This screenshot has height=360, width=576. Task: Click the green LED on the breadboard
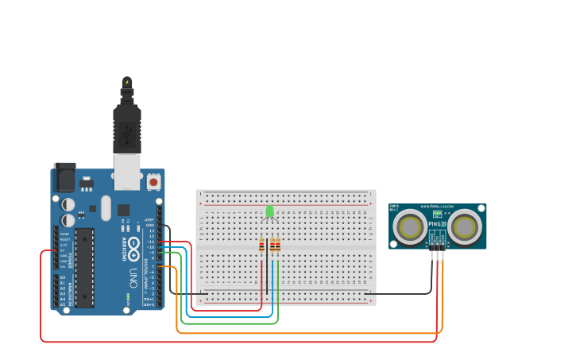coord(270,211)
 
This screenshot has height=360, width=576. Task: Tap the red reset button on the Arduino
coord(153,181)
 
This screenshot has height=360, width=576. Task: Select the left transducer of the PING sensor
coord(411,227)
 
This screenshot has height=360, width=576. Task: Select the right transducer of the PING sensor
coord(464,227)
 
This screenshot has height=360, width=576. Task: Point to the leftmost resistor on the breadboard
coord(261,246)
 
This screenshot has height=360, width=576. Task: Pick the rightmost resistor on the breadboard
coord(277,246)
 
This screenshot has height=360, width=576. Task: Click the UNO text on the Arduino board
coord(133,277)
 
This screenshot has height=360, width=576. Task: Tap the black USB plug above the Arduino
coord(127,127)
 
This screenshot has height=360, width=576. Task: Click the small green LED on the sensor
coord(437,214)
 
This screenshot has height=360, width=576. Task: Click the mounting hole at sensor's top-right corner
coord(481,208)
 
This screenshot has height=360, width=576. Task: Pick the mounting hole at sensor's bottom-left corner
coord(393,244)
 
